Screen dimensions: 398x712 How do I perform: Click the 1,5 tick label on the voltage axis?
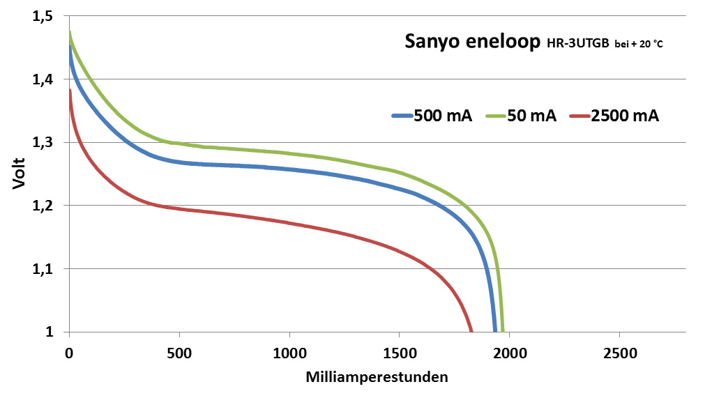tap(42, 17)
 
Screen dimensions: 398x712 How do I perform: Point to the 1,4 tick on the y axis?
tap(42, 79)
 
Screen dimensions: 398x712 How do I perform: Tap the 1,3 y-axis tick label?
tap(42, 143)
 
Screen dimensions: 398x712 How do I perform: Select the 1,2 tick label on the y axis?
tap(42, 206)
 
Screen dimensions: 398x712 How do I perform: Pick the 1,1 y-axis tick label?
tap(42, 269)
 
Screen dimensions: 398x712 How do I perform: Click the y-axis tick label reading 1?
tap(50, 332)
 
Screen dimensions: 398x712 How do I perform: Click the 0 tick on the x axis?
tap(69, 353)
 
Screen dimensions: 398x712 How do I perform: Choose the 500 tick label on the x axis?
tap(179, 353)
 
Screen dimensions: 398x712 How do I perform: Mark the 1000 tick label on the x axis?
tap(289, 353)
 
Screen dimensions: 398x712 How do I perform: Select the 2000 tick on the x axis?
tap(509, 353)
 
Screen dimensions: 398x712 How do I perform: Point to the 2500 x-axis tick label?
tap(619, 353)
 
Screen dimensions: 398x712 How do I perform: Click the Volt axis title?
tap(20, 174)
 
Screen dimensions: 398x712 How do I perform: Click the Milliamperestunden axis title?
tap(377, 378)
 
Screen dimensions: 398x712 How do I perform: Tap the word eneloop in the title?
tap(506, 43)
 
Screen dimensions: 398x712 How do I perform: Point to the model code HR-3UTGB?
tap(577, 45)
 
